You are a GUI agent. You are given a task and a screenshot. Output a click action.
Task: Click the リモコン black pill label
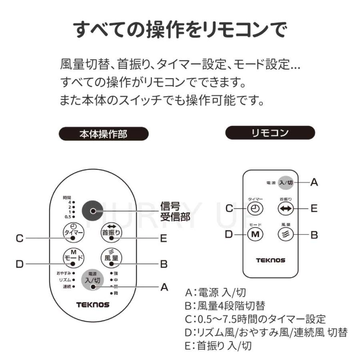click(270, 133)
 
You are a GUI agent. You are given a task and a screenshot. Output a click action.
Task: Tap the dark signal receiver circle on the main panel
click(93, 211)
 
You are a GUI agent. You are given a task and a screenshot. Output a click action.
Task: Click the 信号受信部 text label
click(174, 211)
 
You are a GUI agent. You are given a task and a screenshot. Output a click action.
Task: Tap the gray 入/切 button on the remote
click(286, 182)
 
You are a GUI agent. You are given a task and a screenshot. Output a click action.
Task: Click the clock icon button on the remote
click(255, 208)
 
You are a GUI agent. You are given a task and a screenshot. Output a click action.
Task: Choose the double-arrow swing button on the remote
click(286, 208)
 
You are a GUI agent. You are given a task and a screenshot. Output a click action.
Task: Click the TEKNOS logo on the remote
click(270, 260)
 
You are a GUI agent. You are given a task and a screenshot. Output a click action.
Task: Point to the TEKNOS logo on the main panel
click(92, 305)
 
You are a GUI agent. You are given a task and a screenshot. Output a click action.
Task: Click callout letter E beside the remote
click(314, 208)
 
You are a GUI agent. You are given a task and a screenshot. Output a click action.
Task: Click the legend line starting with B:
click(225, 306)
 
